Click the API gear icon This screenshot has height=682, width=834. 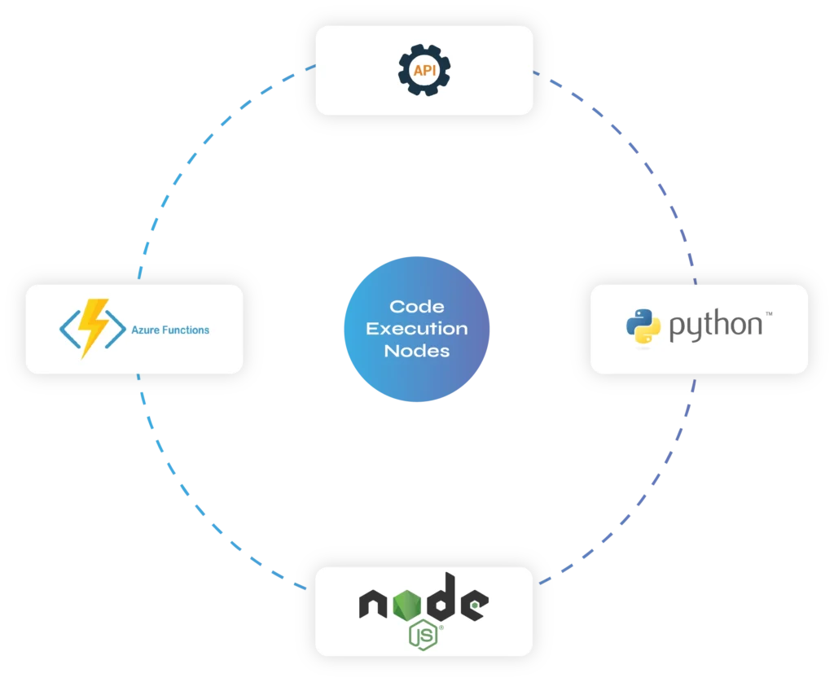coord(424,71)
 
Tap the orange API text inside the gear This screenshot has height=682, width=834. coord(424,71)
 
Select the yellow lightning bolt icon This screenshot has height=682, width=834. coord(94,329)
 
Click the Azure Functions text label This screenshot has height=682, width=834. coord(170,330)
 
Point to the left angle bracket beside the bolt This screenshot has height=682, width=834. coord(68,330)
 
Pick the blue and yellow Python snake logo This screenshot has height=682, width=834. coord(643,326)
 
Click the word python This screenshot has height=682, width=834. coord(715,326)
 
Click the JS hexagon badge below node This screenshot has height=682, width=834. coord(424,634)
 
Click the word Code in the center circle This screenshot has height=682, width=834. coord(416,307)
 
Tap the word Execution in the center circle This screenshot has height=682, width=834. coord(416,329)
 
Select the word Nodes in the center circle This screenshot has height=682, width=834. coord(416,351)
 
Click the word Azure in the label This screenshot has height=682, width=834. coord(145,330)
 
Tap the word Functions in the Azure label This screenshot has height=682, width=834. coord(185,330)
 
